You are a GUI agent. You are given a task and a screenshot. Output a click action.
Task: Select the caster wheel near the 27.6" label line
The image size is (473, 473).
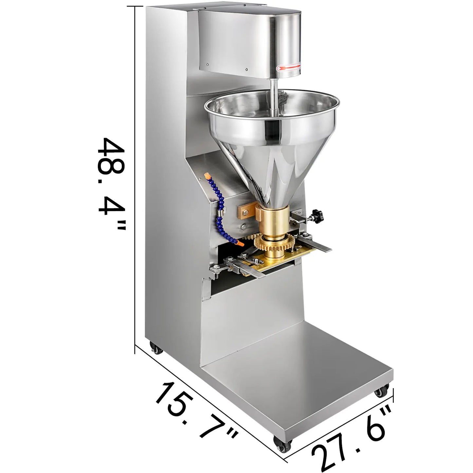(x=381, y=391)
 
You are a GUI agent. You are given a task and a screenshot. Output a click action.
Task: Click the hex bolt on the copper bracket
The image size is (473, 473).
(x=244, y=209)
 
